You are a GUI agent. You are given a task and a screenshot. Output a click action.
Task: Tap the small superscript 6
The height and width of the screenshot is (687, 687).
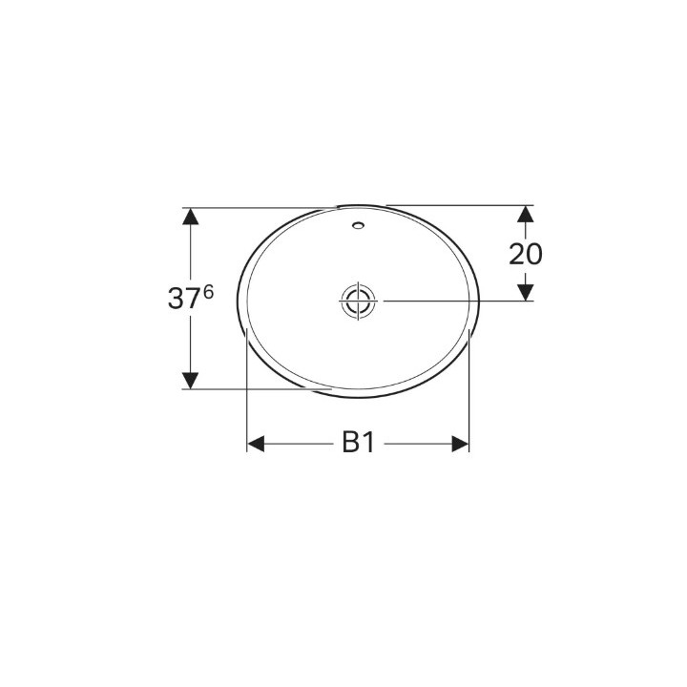point(207,291)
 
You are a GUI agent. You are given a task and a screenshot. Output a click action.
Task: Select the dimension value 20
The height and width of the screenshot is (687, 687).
point(526,254)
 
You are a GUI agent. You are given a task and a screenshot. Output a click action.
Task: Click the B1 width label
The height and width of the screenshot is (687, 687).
point(358,444)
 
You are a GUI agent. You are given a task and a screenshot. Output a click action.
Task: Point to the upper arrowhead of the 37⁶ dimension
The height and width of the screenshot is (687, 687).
point(191,217)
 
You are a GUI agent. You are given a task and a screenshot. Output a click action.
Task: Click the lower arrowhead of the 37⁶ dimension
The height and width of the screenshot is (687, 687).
point(191,379)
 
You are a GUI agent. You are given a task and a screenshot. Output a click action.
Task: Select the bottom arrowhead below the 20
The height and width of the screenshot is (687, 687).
point(526,290)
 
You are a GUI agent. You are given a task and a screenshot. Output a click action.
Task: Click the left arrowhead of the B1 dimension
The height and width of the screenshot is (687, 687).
point(257,444)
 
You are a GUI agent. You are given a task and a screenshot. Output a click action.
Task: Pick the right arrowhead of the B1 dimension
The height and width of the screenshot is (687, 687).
point(460,444)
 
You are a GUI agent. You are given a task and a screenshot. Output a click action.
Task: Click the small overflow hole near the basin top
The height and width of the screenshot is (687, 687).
point(358,227)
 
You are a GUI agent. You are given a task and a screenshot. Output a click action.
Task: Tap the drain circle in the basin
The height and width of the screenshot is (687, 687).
point(358,301)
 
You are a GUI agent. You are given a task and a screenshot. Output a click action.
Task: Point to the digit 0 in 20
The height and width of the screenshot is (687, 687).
point(534,254)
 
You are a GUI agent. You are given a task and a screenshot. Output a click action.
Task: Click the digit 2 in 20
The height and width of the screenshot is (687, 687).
point(517,254)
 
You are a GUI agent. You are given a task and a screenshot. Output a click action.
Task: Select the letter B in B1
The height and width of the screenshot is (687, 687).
point(351,444)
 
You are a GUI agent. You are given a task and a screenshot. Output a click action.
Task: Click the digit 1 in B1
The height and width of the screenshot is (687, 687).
point(367,444)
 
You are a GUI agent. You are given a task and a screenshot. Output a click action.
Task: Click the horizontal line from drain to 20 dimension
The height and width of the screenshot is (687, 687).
point(448,301)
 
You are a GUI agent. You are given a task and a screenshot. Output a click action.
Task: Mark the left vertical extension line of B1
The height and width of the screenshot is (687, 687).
point(247,401)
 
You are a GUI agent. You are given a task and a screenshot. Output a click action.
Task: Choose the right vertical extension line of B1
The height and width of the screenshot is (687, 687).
point(469,401)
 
